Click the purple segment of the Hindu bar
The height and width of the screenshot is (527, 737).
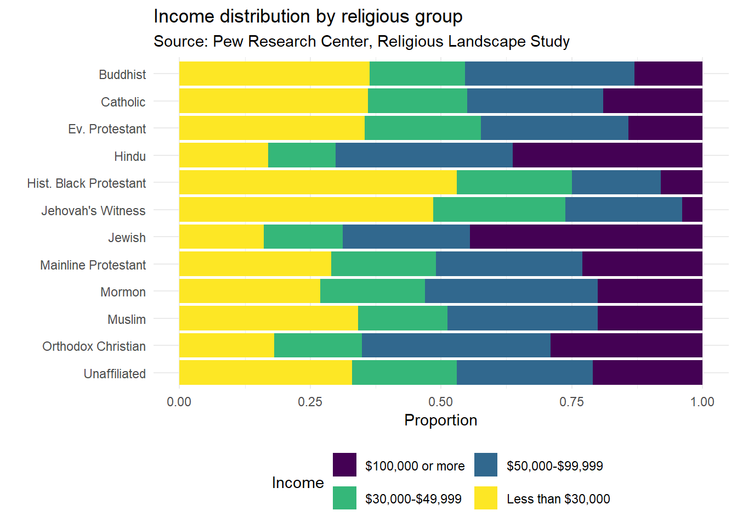click(x=608, y=155)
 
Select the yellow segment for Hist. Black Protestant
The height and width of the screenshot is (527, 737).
click(x=318, y=182)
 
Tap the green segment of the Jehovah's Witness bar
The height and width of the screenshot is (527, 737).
click(x=499, y=210)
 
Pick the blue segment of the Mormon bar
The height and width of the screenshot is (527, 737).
click(x=511, y=291)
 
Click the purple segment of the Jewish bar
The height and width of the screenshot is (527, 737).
click(x=586, y=237)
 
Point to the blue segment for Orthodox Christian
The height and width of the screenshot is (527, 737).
click(x=456, y=345)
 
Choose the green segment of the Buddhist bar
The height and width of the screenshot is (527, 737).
click(x=417, y=74)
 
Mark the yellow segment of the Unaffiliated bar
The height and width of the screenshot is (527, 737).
click(x=265, y=373)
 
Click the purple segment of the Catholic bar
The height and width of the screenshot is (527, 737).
click(x=653, y=101)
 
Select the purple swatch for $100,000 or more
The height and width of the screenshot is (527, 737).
click(x=344, y=465)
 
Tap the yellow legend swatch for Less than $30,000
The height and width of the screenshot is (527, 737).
click(x=486, y=498)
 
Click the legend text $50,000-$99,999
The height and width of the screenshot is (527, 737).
click(x=554, y=466)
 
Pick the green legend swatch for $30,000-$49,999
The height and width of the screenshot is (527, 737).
click(x=344, y=498)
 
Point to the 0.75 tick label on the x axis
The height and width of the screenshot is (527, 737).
click(x=571, y=402)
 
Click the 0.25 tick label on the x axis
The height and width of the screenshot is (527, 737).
click(x=310, y=402)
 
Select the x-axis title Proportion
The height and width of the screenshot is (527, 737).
click(x=440, y=421)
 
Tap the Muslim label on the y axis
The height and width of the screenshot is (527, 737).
click(x=127, y=319)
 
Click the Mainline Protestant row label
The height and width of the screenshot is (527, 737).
click(x=93, y=265)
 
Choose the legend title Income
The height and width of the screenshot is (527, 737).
click(x=298, y=483)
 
